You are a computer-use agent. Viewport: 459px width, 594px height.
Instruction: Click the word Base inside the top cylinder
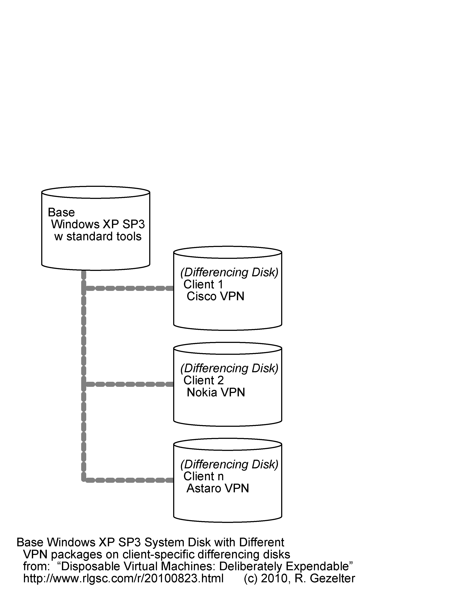(x=61, y=212)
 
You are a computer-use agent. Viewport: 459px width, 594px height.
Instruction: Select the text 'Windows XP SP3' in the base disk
(x=98, y=224)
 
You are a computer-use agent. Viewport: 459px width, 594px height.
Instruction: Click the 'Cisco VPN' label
(x=215, y=296)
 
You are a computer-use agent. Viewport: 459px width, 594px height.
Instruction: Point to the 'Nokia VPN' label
(x=216, y=392)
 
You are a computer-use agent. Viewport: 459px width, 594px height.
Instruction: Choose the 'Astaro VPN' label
(x=218, y=489)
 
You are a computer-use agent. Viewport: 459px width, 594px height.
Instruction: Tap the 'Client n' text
(x=203, y=476)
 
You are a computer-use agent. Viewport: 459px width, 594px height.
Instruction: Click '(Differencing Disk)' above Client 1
(x=229, y=273)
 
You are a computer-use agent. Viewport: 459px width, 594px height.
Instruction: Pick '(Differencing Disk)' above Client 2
(x=229, y=368)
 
